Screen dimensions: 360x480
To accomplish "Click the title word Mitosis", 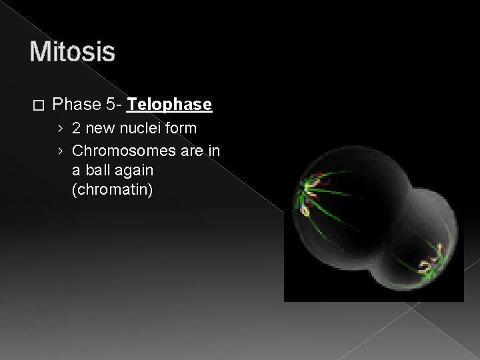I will (x=72, y=51).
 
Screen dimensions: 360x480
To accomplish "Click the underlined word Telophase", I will (x=169, y=105).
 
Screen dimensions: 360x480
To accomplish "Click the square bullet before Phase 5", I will (x=37, y=105).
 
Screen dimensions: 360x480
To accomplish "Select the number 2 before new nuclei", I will (x=77, y=127).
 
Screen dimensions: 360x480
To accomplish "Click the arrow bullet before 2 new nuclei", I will (x=61, y=128).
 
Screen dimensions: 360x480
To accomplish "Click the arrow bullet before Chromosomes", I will (x=61, y=150).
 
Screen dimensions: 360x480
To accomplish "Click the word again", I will (x=135, y=170).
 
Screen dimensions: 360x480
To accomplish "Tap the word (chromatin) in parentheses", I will (x=112, y=190).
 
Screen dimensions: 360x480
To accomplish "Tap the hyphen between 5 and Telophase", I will (x=119, y=105).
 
